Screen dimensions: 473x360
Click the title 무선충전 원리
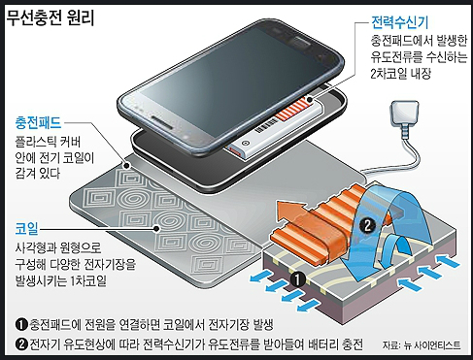(x=51, y=17)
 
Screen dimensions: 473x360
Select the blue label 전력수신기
(x=399, y=22)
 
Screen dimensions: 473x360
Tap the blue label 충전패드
(x=38, y=123)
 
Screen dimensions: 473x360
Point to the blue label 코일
(x=26, y=228)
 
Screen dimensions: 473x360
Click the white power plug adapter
(x=405, y=114)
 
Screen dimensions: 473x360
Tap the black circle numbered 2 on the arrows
(x=367, y=225)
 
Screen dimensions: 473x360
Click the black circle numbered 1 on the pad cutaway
(x=298, y=278)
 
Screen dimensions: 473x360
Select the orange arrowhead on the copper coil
(x=291, y=209)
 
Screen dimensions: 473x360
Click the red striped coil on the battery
(x=291, y=111)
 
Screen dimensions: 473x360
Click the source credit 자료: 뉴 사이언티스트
(x=422, y=344)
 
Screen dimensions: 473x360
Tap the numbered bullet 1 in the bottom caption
(x=21, y=324)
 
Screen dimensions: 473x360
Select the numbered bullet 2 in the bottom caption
(x=21, y=344)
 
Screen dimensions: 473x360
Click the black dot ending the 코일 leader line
(x=156, y=229)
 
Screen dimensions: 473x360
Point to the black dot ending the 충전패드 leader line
(x=127, y=166)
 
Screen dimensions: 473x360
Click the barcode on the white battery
(x=266, y=126)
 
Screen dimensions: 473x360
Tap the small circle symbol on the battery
(x=245, y=143)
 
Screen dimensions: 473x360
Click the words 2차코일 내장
(x=401, y=74)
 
